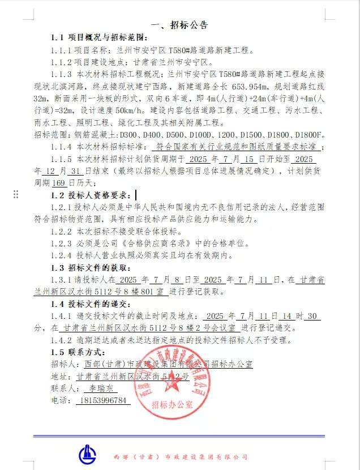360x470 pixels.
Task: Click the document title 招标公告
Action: [x=179, y=25]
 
